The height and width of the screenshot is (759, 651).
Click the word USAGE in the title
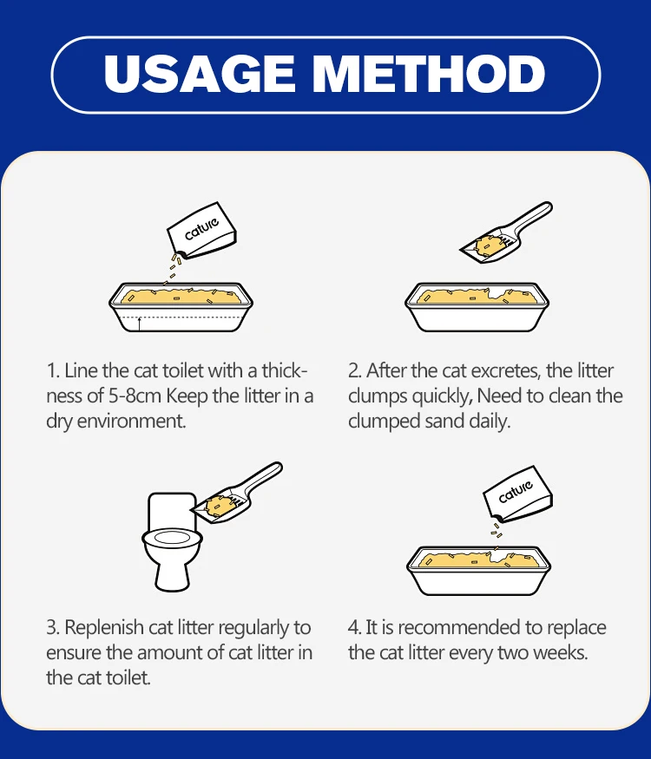[x=199, y=74]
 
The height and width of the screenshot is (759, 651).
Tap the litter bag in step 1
[x=202, y=231]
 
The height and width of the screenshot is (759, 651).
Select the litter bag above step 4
[x=518, y=494]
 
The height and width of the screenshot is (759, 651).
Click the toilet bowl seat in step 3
[x=172, y=538]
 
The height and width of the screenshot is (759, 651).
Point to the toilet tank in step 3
[x=172, y=511]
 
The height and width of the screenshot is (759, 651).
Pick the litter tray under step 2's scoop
[x=477, y=307]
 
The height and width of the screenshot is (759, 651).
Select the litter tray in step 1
[x=181, y=307]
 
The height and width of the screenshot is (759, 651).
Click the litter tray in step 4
[x=478, y=571]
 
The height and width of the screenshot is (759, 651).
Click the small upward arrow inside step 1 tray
[x=140, y=324]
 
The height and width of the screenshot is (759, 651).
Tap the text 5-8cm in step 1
[x=135, y=396]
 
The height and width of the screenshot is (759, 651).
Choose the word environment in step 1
[x=131, y=421]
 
